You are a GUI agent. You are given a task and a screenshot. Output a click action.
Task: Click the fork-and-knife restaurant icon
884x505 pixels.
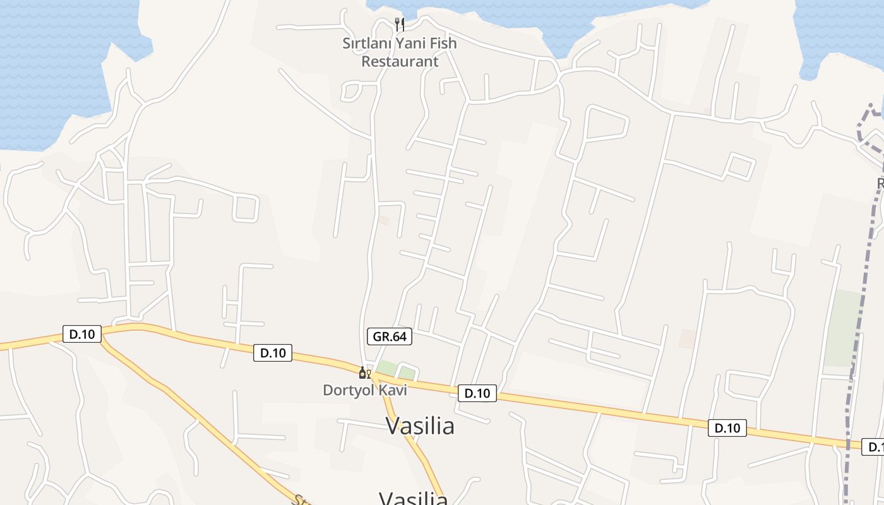click(x=399, y=25)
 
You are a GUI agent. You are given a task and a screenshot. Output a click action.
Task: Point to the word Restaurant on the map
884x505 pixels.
click(x=400, y=61)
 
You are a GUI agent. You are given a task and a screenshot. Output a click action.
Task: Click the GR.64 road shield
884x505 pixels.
click(x=390, y=336)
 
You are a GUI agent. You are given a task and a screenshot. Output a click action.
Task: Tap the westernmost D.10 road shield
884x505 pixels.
click(x=82, y=334)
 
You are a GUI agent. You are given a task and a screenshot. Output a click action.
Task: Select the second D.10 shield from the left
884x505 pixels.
click(x=273, y=353)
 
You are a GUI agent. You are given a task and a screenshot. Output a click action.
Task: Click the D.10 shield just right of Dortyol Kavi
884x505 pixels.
click(x=477, y=393)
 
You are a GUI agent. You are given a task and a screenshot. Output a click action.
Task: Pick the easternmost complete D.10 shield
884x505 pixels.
click(x=727, y=427)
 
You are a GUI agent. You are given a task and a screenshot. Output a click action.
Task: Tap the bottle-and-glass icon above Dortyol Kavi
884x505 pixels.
click(x=364, y=373)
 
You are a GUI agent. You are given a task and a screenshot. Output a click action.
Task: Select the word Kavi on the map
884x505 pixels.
click(x=393, y=390)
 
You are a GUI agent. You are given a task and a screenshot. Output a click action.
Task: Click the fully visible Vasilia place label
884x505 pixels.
click(x=420, y=426)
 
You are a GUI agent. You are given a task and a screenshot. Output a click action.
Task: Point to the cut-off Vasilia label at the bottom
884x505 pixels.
click(x=414, y=499)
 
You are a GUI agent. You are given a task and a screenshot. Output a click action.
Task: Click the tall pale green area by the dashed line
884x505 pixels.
click(x=842, y=328)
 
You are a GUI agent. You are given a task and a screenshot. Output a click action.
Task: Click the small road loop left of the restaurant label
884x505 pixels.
click(x=350, y=92)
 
